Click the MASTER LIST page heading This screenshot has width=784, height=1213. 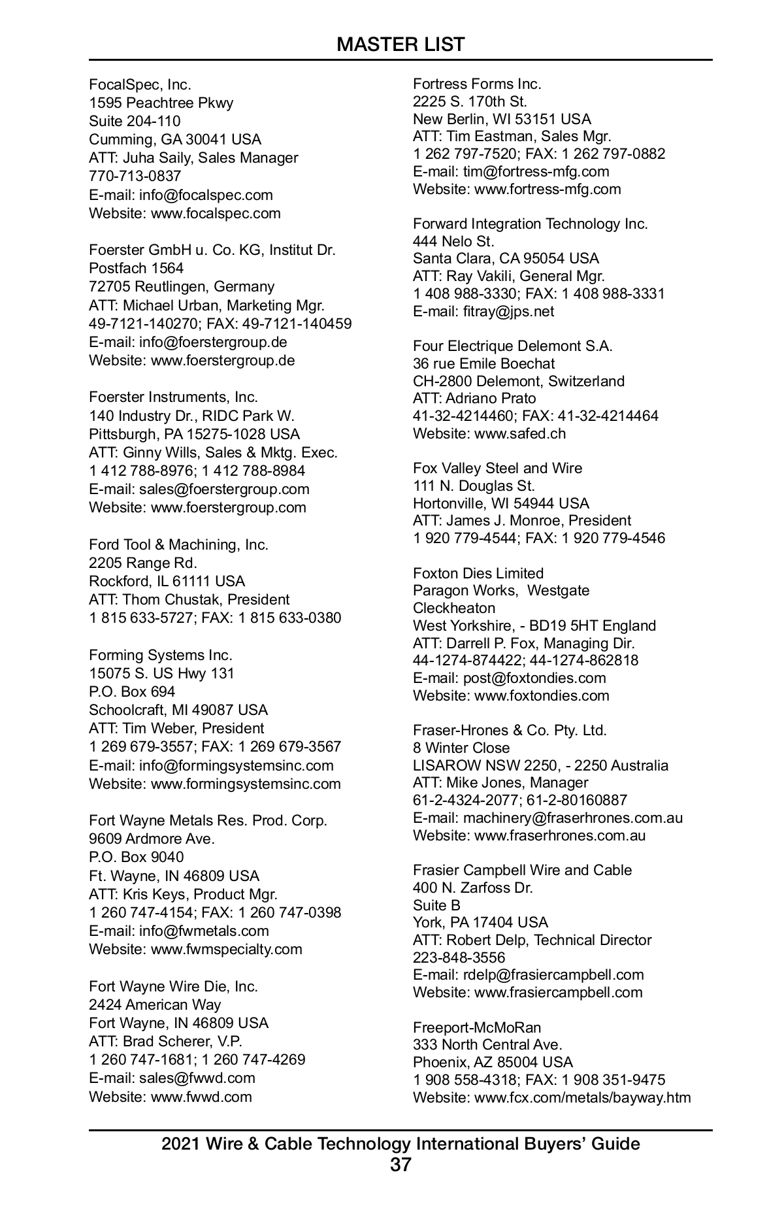point(400,44)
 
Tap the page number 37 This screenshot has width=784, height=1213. point(400,1164)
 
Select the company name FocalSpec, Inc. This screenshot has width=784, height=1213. point(140,84)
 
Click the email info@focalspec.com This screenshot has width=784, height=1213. point(206,195)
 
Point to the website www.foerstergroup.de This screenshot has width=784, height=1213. point(223,360)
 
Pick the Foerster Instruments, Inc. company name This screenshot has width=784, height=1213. point(174,397)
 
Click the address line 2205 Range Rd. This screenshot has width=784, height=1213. point(143,563)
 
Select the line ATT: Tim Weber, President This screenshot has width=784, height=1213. point(176,728)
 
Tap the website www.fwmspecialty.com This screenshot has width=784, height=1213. point(227,949)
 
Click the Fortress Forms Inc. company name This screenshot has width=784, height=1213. point(477,84)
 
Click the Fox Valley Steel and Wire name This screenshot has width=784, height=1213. point(497,468)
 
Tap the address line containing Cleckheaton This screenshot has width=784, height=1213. point(454,608)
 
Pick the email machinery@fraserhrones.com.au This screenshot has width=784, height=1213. point(573,818)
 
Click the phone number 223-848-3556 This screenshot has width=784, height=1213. point(459,957)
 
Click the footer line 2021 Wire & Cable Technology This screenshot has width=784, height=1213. point(400,1144)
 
